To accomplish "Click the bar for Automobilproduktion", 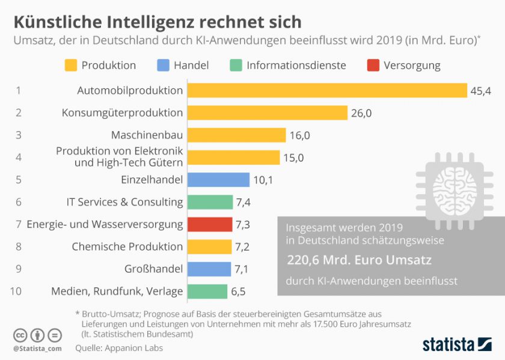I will coord(327,91).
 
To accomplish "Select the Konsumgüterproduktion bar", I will coord(268,113).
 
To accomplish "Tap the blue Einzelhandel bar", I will coord(218,180).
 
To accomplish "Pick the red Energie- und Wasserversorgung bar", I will coord(210,224).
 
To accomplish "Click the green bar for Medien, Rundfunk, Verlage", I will coord(207,291).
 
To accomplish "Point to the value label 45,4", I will coord(480,91).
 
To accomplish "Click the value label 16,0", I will coord(299,135).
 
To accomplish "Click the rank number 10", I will coord(17,291).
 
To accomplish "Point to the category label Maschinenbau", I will coord(147,135).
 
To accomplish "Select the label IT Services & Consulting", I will coord(124,202).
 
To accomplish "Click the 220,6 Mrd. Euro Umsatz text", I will coord(359,260).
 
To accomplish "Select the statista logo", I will coord(457,345).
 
